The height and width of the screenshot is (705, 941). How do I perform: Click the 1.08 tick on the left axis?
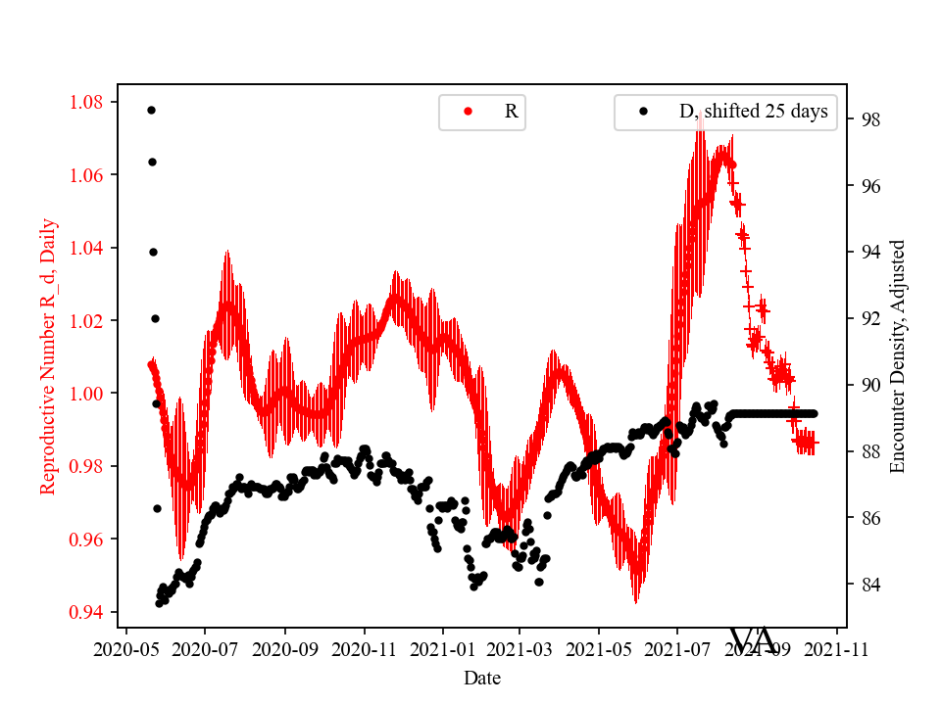[90, 102]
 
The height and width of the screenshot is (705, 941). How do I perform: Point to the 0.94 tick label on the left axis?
[90, 612]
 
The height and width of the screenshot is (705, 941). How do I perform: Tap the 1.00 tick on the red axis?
[90, 394]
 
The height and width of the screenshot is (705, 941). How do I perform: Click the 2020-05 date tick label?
[126, 647]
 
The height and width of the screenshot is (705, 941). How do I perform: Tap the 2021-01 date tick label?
[442, 647]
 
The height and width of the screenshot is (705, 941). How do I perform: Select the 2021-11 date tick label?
[837, 647]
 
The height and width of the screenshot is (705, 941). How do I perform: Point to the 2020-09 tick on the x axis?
[285, 647]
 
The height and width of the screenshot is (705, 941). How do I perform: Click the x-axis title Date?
[481, 678]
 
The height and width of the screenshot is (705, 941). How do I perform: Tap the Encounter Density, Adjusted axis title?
[898, 356]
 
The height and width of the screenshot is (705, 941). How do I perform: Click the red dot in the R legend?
[468, 112]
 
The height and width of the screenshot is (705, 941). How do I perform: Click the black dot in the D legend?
[643, 112]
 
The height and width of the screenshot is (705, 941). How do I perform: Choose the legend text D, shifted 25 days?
[753, 112]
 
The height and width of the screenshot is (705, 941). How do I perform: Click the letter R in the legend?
[511, 112]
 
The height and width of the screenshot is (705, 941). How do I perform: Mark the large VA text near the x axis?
[754, 638]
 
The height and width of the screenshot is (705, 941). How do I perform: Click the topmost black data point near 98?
[151, 110]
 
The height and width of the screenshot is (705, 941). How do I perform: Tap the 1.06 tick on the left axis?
[90, 175]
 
